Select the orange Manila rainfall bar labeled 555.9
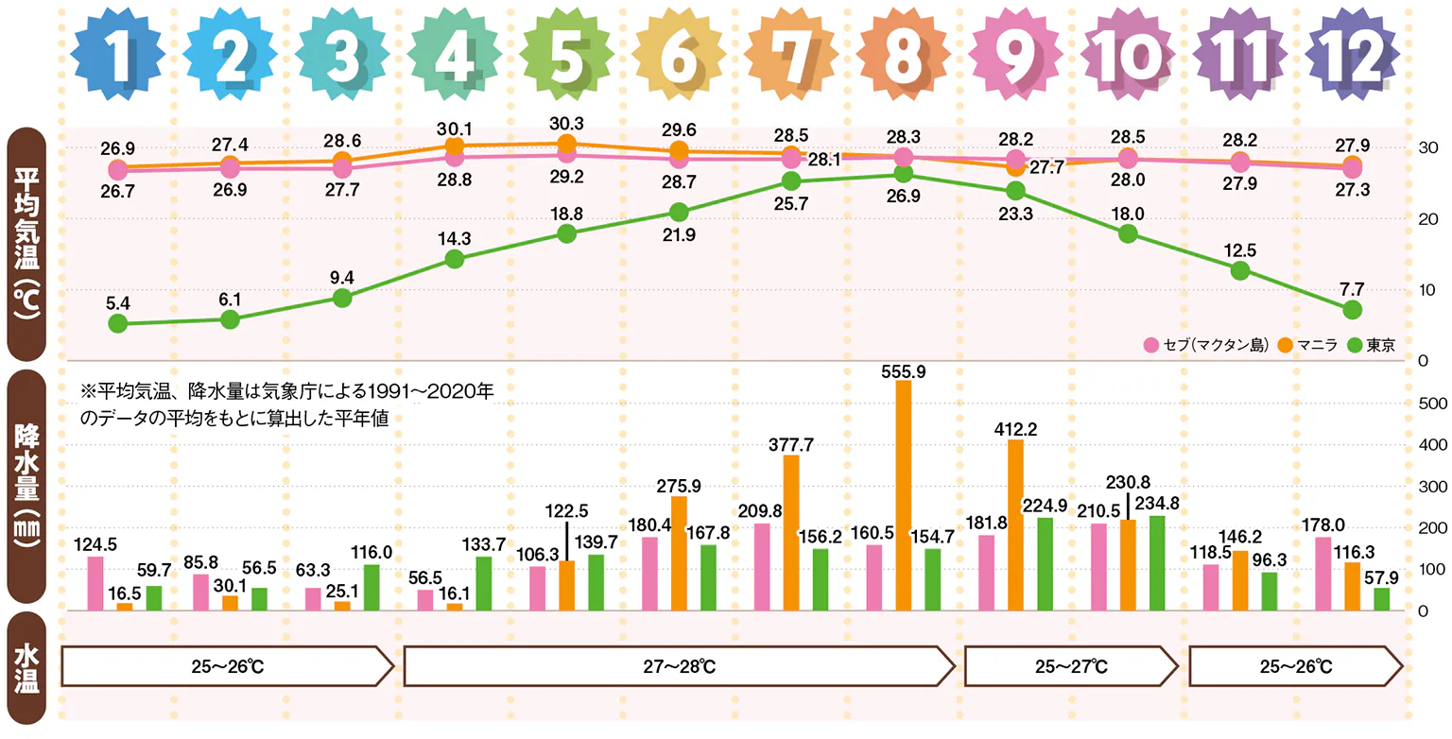tap(903, 495)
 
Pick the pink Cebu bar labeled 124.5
tap(95, 583)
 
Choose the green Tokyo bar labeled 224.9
tap(1044, 563)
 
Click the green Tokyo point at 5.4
tap(117, 323)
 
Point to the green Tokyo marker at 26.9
tap(903, 174)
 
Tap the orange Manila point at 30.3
tap(566, 144)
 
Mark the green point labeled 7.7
tap(1352, 309)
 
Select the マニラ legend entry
tap(1309, 345)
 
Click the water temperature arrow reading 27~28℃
tap(676, 666)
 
